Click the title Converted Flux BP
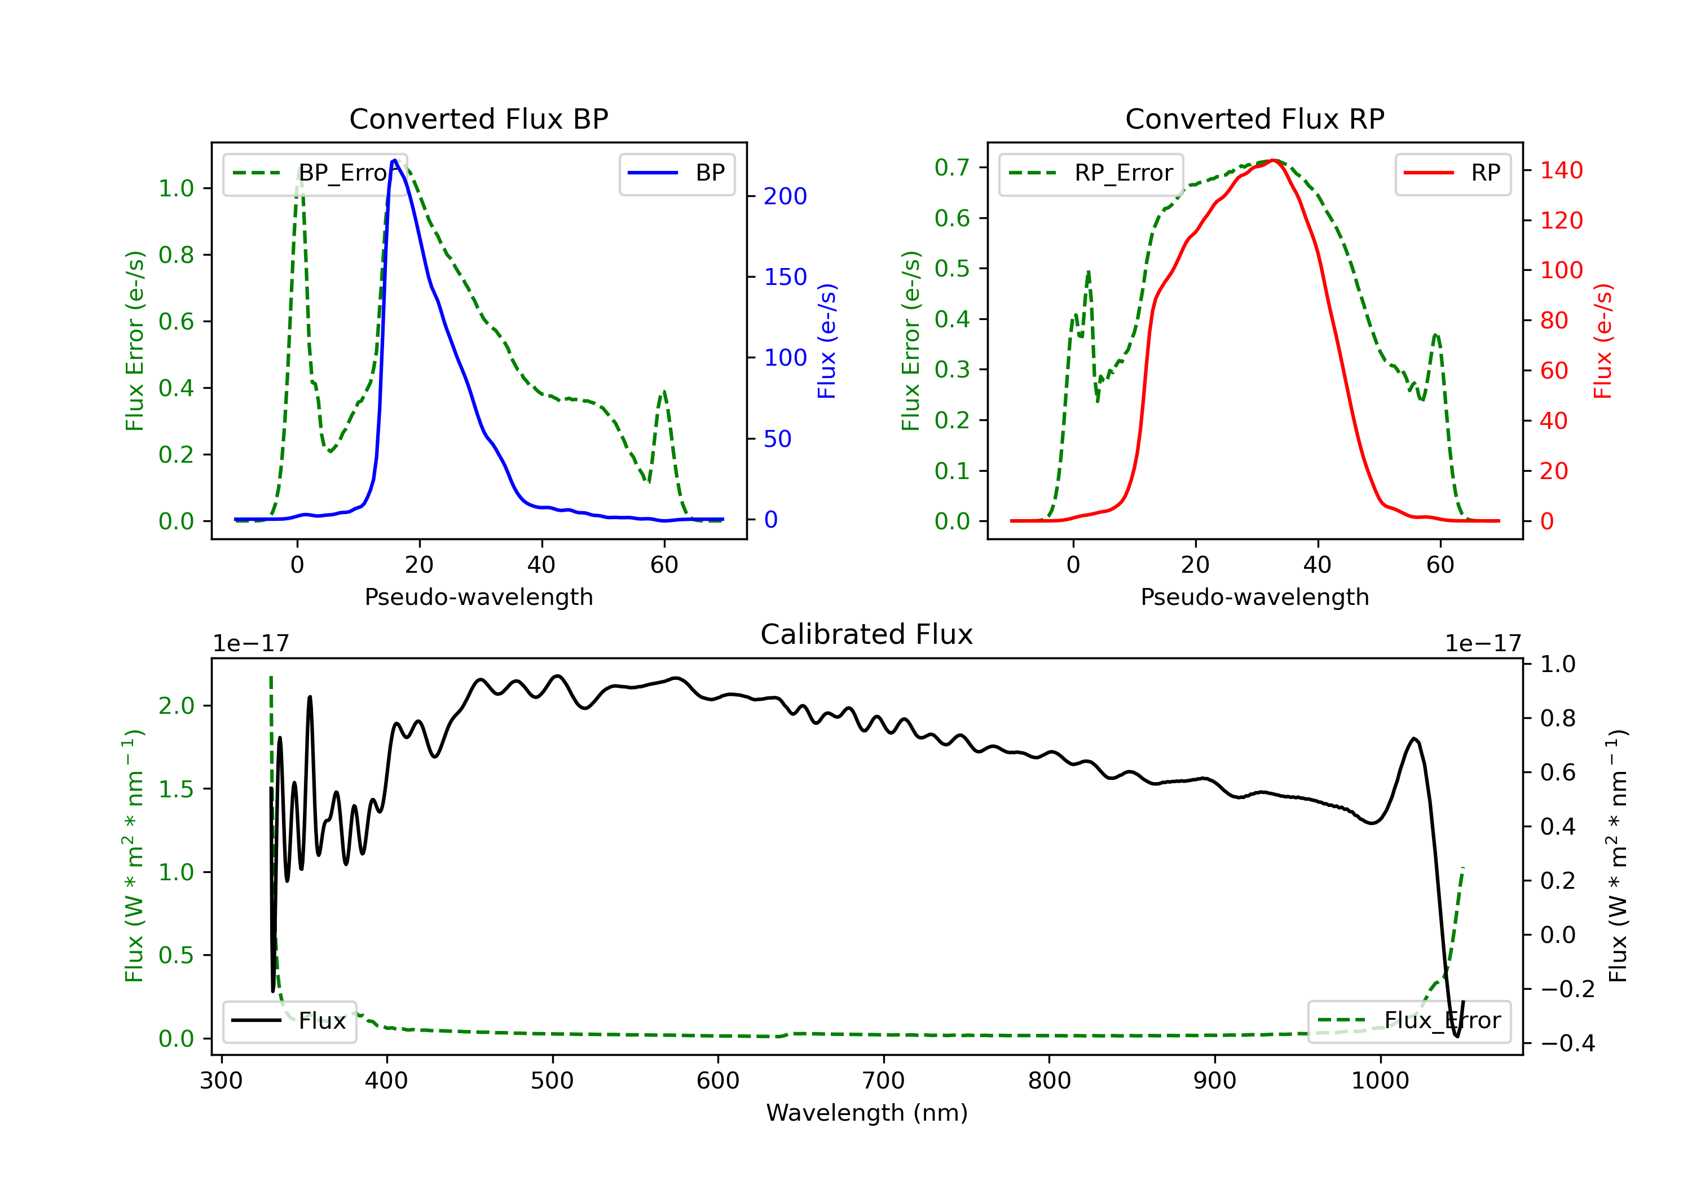(x=478, y=118)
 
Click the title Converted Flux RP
(x=1254, y=118)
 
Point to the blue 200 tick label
(x=785, y=196)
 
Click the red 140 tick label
(x=1561, y=170)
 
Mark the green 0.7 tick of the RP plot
(x=951, y=168)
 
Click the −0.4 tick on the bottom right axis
(x=1567, y=1043)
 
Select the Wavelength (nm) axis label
(x=867, y=1113)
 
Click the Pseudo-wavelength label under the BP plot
(x=478, y=596)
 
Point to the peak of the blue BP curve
(x=394, y=160)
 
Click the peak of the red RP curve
(x=1273, y=160)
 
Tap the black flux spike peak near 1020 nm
(x=1413, y=738)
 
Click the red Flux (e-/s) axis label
(x=1603, y=341)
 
